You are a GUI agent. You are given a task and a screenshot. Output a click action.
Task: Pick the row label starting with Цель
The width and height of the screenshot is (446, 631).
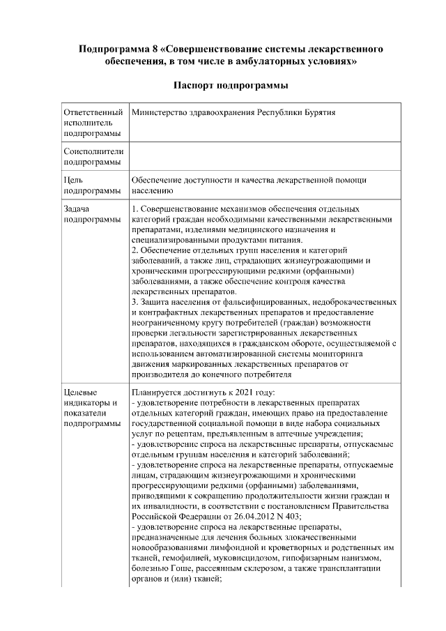click(x=73, y=180)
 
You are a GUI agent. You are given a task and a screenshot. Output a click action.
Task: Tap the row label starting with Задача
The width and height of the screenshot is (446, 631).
click(x=77, y=209)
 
